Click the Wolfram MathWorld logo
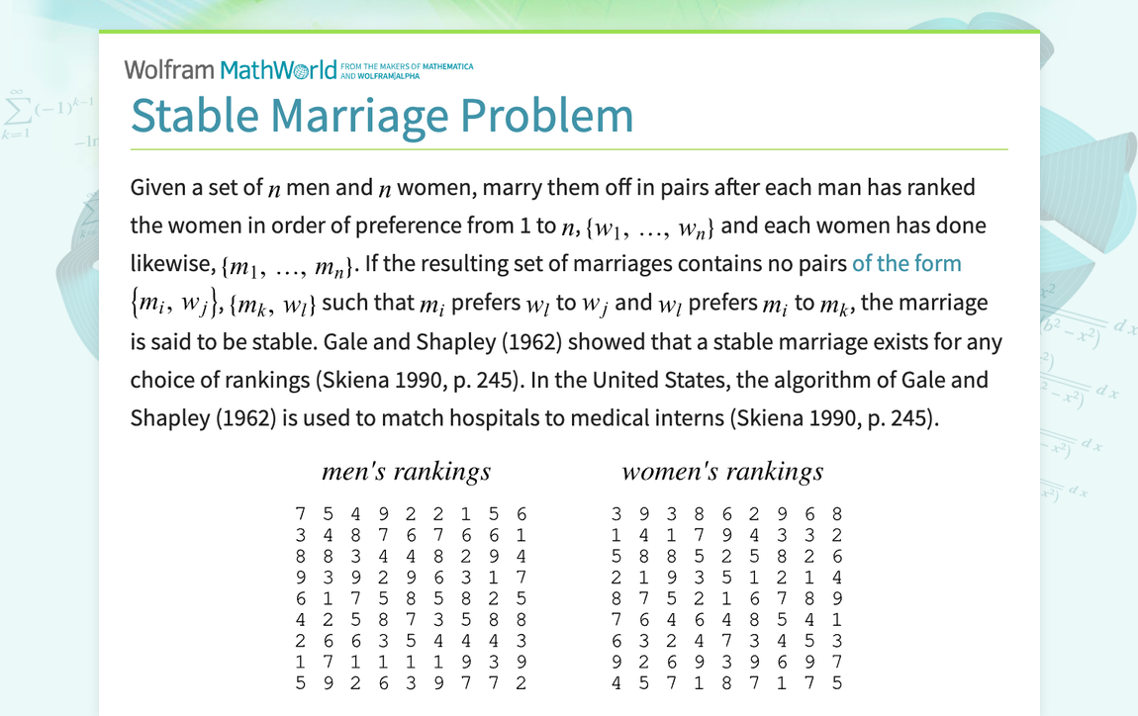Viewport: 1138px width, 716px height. pos(231,69)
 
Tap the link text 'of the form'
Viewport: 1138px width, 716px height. pos(906,264)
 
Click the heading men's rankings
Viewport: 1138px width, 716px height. pos(406,472)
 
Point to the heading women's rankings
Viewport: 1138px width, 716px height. pos(722,472)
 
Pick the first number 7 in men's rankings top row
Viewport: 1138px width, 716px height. pos(300,514)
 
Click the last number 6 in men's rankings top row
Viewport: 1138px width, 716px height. pos(522,514)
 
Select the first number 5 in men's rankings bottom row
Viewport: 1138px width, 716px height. pos(300,682)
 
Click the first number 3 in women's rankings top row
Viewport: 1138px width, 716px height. pos(616,514)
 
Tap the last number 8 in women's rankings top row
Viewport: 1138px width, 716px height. pos(837,514)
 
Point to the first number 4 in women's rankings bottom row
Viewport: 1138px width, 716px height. pos(616,682)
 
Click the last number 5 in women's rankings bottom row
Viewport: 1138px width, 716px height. pos(837,682)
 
